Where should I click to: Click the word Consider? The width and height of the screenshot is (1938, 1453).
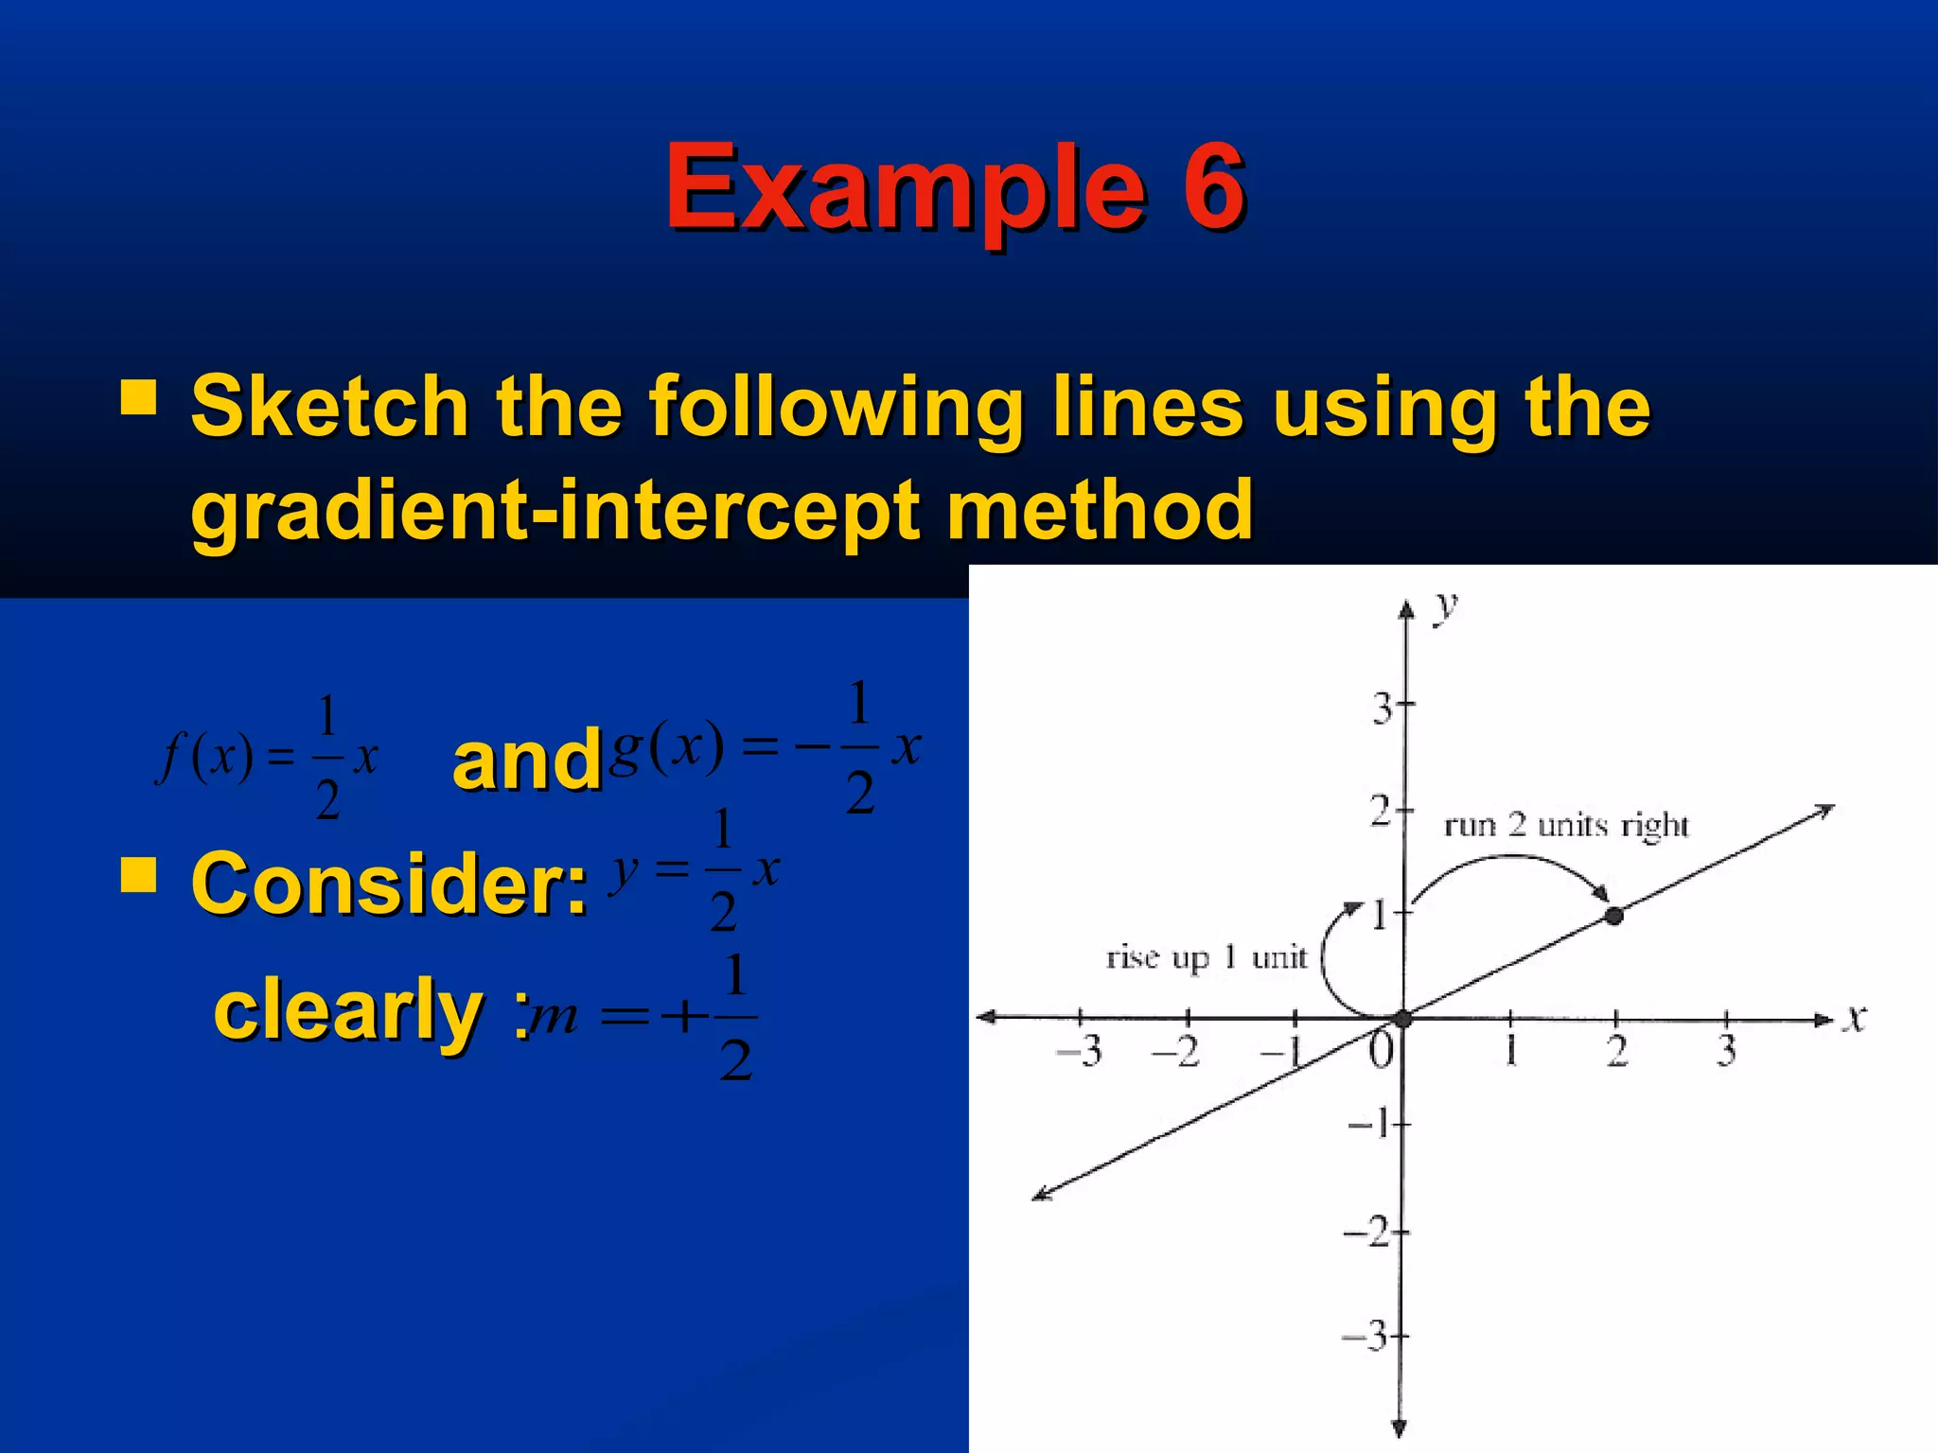389,884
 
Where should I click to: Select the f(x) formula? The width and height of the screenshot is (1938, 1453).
268,757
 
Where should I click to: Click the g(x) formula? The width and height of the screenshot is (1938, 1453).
765,747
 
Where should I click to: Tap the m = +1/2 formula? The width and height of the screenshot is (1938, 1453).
643,1018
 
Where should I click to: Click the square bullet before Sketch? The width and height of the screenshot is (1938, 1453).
138,398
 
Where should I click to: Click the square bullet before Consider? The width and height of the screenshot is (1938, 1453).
138,875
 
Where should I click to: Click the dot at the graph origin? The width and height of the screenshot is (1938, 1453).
1403,1019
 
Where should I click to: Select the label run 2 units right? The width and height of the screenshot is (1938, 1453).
1565,826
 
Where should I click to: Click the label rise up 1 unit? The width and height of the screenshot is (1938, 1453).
1206,957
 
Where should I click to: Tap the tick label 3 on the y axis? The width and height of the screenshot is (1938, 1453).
1382,709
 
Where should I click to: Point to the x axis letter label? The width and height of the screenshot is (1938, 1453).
1857,1020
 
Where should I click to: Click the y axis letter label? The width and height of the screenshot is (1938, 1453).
1445,606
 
